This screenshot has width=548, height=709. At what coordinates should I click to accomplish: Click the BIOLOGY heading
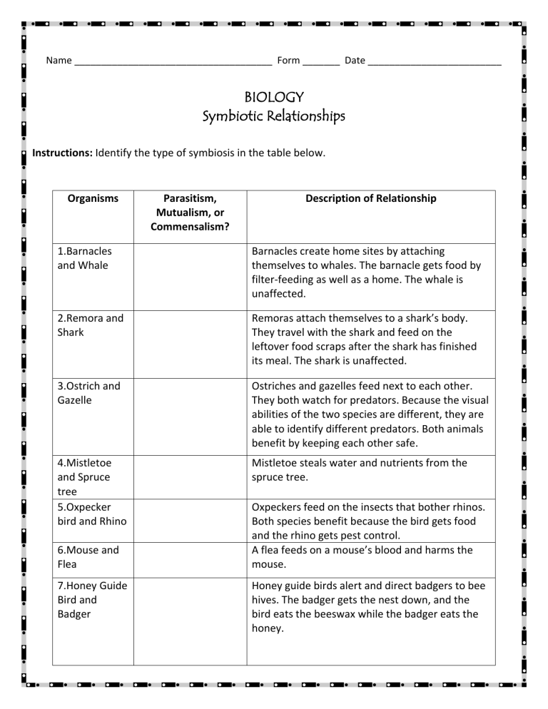274,96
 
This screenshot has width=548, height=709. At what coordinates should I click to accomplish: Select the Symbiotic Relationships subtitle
274,116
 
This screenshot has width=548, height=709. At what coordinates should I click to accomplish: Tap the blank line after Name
173,61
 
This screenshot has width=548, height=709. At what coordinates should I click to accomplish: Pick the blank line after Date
435,61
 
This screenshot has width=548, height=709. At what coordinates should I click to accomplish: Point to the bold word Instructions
63,153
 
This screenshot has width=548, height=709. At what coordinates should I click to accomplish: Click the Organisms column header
93,199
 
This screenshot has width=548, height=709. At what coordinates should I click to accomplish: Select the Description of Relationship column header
370,199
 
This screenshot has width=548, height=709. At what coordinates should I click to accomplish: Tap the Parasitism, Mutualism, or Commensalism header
190,213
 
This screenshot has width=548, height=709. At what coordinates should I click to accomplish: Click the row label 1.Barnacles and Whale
85,258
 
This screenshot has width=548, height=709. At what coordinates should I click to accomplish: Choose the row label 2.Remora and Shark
90,325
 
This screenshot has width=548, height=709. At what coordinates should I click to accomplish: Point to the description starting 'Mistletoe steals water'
360,470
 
